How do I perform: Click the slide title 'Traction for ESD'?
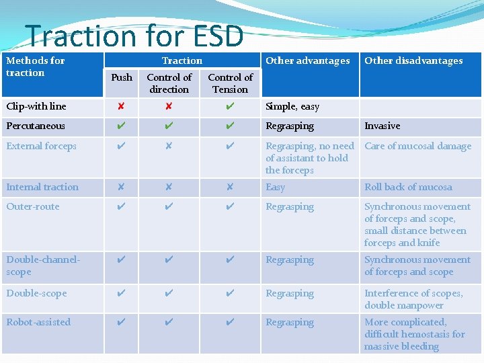tap(134, 36)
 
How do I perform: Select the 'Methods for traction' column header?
tap(36, 67)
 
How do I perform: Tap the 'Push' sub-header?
tap(122, 77)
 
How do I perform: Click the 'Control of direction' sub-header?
tap(169, 83)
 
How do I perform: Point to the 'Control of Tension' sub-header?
tap(230, 83)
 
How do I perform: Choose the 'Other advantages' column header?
tap(307, 61)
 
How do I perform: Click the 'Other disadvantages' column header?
tap(413, 61)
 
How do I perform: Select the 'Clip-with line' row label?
tap(36, 106)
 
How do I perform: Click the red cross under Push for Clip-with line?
tap(121, 106)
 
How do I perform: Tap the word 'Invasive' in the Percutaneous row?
tap(382, 126)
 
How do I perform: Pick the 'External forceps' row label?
tap(42, 146)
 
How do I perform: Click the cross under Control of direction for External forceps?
tap(169, 146)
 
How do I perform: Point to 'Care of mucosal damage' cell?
tap(417, 146)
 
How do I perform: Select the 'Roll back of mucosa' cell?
tap(408, 187)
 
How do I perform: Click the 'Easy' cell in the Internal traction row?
tap(275, 187)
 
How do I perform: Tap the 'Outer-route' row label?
tap(33, 206)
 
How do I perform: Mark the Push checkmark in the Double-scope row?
tap(121, 293)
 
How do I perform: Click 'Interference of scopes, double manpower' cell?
tap(413, 299)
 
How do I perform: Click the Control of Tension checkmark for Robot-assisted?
tap(230, 322)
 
